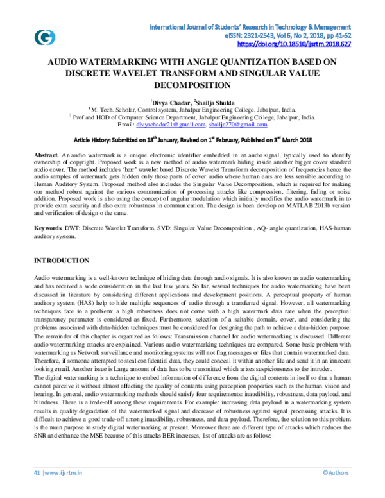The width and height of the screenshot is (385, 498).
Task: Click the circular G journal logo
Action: click(x=44, y=37)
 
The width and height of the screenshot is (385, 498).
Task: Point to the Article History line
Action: click(x=193, y=140)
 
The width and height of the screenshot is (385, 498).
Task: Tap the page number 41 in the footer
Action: click(x=37, y=490)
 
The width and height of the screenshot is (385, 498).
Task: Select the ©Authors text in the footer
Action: click(x=335, y=490)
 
